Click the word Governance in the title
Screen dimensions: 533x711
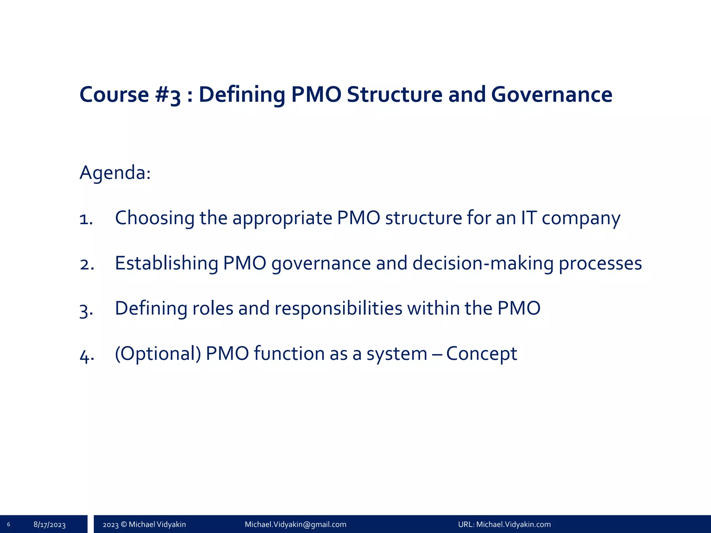click(x=551, y=94)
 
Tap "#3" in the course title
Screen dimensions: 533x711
click(x=168, y=95)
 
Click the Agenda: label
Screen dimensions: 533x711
click(x=115, y=172)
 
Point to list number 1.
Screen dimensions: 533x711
click(x=86, y=219)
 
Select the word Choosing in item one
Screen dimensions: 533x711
click(x=154, y=218)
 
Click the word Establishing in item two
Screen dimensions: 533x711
click(x=166, y=263)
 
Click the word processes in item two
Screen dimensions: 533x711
click(x=600, y=264)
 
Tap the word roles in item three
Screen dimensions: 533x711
click(x=212, y=308)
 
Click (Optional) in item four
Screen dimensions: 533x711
click(x=158, y=354)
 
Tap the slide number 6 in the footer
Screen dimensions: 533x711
click(x=8, y=524)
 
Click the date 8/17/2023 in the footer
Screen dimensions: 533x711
click(x=49, y=524)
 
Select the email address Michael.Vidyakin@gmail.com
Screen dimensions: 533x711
click(x=295, y=524)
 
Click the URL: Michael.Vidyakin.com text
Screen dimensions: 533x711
click(x=504, y=524)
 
